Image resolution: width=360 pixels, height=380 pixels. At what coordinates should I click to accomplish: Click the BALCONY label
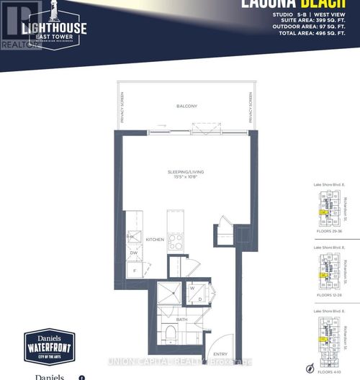186,106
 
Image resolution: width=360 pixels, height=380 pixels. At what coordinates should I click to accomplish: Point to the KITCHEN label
156,239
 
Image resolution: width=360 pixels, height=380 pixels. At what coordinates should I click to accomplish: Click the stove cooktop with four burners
176,241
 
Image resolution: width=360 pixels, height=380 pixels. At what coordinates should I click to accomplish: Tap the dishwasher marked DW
133,253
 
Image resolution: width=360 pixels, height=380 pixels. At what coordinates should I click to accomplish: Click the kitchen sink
133,236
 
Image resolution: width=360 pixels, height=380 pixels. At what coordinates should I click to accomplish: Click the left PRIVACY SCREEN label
123,108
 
